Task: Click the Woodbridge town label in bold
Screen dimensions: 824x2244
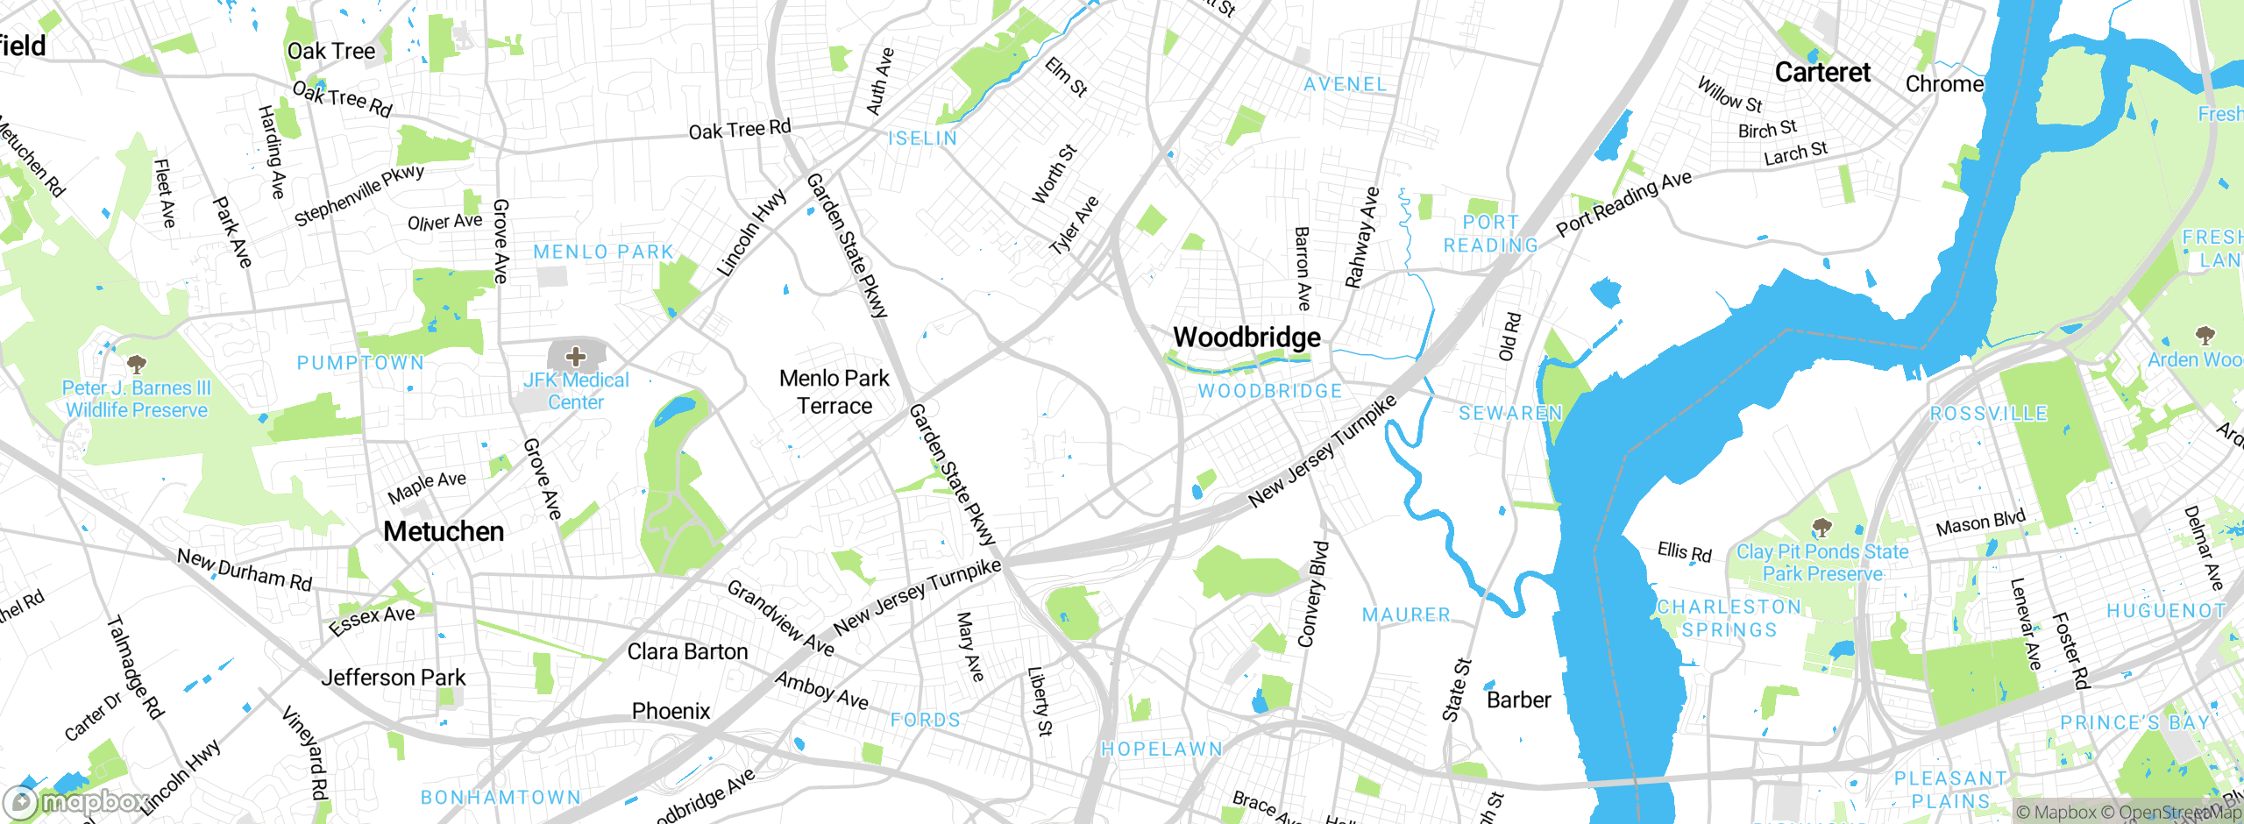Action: [1246, 337]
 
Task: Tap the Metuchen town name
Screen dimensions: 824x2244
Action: [444, 531]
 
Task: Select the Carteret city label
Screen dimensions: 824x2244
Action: [1822, 73]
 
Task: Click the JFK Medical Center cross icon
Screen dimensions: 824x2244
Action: [576, 357]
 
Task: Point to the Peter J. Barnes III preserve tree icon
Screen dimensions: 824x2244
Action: [136, 363]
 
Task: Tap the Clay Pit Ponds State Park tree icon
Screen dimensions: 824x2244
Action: [1822, 528]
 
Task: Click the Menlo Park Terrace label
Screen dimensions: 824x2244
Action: [834, 392]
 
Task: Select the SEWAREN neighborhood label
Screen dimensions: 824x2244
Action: [1510, 413]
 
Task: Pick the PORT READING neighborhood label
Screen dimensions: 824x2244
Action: [1490, 234]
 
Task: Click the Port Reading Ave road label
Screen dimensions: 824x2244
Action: [1623, 203]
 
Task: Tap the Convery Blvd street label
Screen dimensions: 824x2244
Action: [1313, 594]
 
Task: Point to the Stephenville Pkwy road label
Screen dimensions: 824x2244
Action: [359, 195]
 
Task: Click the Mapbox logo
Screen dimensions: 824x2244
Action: [75, 802]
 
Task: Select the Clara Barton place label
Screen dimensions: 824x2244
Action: [687, 652]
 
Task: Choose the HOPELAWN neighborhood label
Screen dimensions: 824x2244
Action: [1161, 749]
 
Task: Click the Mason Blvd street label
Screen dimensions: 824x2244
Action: [1980, 523]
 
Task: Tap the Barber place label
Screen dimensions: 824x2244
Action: [1518, 700]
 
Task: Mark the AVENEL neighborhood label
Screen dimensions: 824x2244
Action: [1346, 85]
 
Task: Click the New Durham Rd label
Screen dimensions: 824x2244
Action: [245, 570]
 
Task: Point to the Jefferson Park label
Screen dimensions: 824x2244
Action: [394, 678]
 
